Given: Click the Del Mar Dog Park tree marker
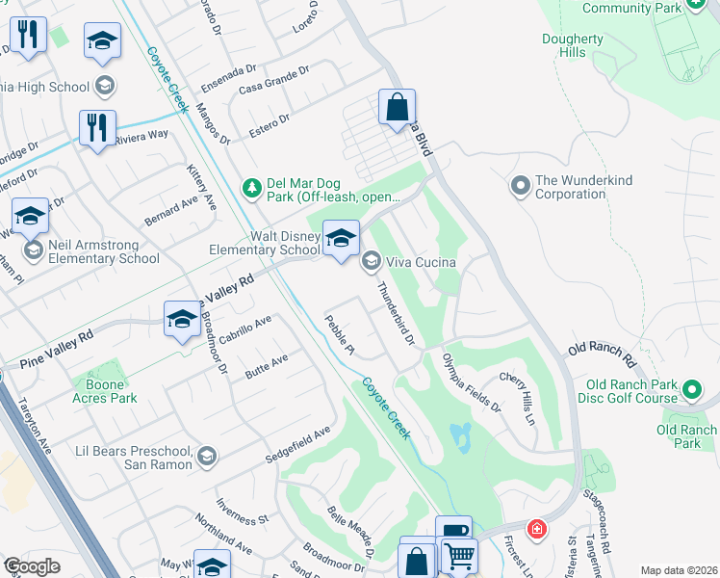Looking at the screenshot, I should click(251, 186).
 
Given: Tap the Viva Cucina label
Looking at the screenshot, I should click(421, 261).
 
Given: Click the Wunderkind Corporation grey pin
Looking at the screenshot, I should click(520, 183).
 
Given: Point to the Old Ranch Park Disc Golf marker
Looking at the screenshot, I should click(692, 390).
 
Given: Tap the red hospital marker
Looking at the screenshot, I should click(536, 529).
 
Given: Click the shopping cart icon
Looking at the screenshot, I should click(459, 556).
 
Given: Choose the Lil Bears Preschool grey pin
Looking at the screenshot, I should click(206, 455).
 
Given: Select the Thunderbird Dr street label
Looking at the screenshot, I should click(395, 314).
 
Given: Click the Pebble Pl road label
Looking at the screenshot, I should click(340, 335).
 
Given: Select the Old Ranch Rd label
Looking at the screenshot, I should click(604, 352).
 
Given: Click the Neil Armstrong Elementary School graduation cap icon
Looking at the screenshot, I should click(31, 218).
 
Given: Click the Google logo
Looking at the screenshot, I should click(32, 566).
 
